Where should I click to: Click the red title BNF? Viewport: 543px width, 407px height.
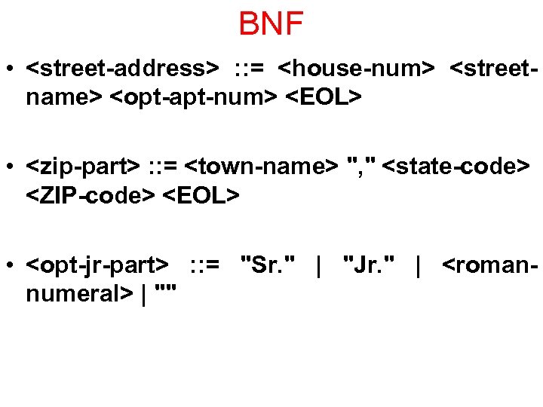click(271, 24)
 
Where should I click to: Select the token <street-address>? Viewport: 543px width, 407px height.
click(122, 69)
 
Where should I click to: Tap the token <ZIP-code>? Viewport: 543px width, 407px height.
click(90, 194)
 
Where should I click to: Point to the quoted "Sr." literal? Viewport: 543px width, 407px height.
click(267, 265)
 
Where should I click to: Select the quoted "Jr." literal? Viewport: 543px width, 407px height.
click(370, 265)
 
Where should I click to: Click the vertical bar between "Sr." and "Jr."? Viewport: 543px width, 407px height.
click(320, 265)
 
